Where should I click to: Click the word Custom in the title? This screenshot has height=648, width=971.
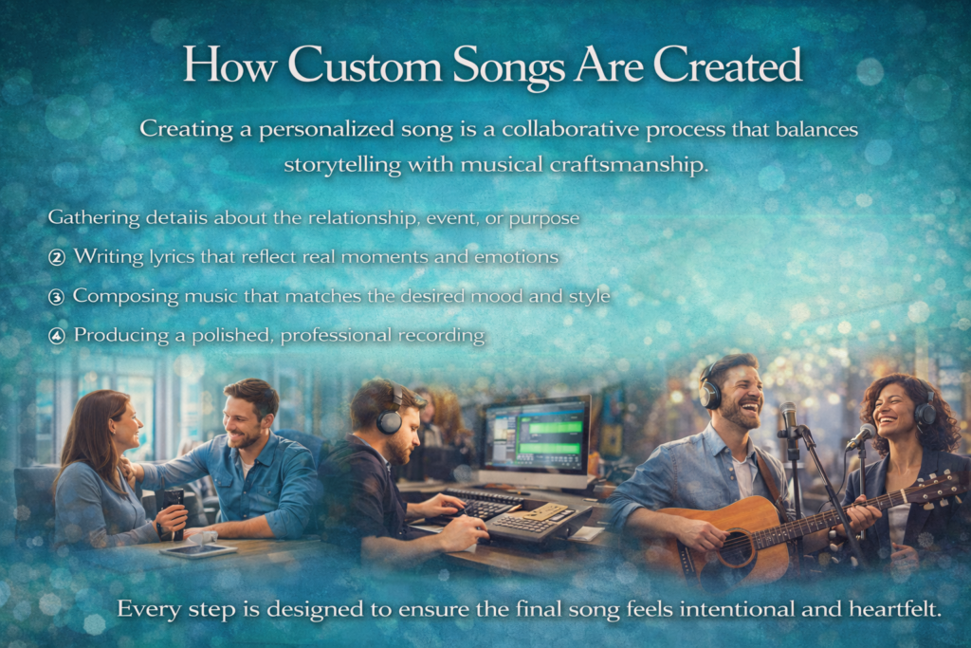[x=364, y=65]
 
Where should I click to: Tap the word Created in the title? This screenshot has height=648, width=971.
[x=727, y=65]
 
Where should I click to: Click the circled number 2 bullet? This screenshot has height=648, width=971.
[x=56, y=257]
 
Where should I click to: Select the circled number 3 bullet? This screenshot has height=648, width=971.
[x=56, y=297]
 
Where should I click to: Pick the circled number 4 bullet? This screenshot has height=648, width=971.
[x=56, y=336]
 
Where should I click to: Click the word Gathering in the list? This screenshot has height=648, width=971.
[x=94, y=218]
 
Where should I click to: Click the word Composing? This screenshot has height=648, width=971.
[x=126, y=297]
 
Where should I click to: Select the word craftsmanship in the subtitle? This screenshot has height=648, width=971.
[x=629, y=165]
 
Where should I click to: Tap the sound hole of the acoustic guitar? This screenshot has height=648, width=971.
[x=737, y=546]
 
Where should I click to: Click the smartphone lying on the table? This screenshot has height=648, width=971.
[x=198, y=550]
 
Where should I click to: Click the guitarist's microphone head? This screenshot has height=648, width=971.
[x=788, y=415]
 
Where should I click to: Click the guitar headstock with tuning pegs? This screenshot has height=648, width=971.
[x=935, y=487]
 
